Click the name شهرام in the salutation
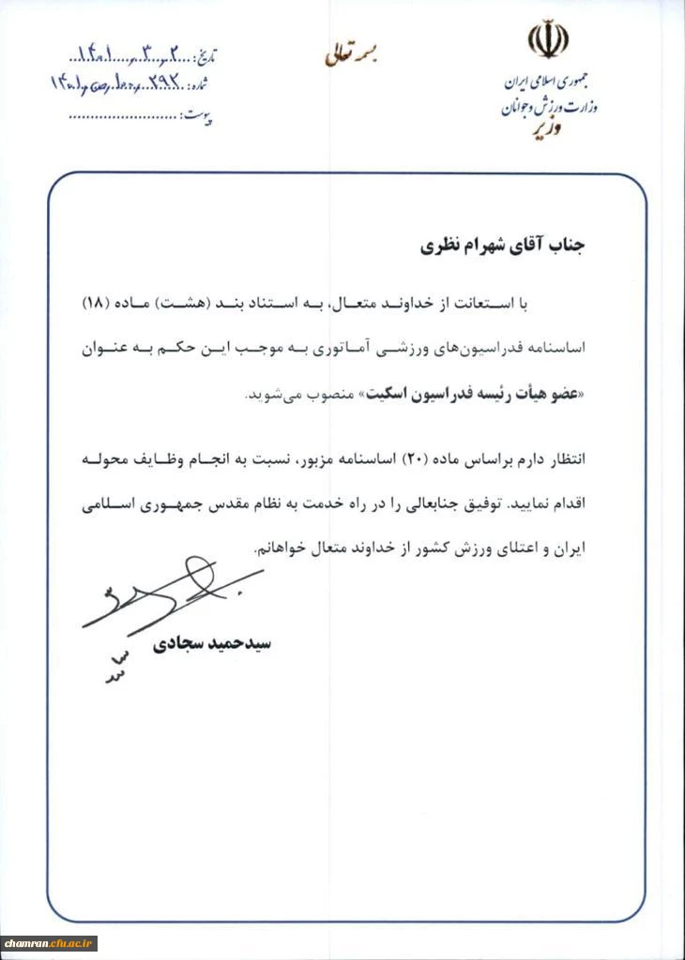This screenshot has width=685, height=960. pyautogui.click(x=465, y=248)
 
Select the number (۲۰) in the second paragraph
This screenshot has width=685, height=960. pyautogui.click(x=415, y=460)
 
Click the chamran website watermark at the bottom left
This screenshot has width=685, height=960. pyautogui.click(x=51, y=940)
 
